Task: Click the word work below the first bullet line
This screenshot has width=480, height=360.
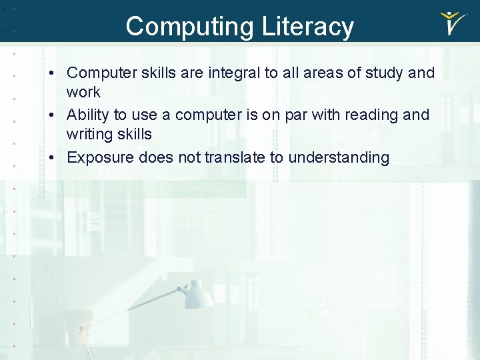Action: click(x=83, y=92)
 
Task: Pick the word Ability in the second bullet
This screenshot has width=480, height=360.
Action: click(x=88, y=115)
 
